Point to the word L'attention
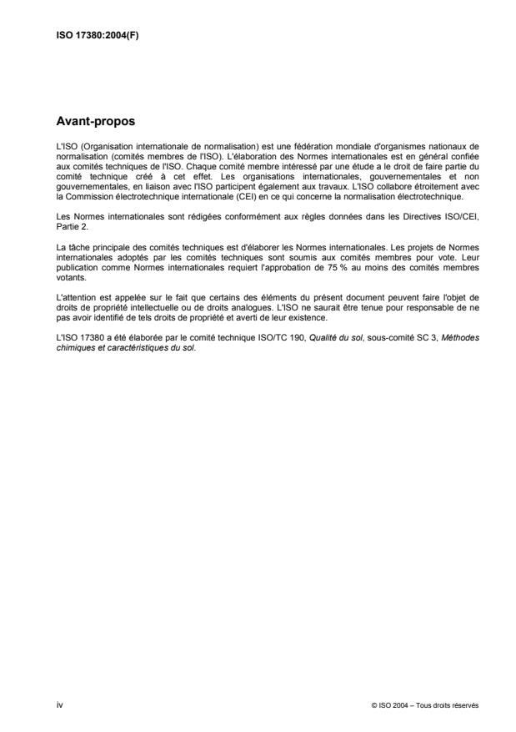(x=75, y=286)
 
